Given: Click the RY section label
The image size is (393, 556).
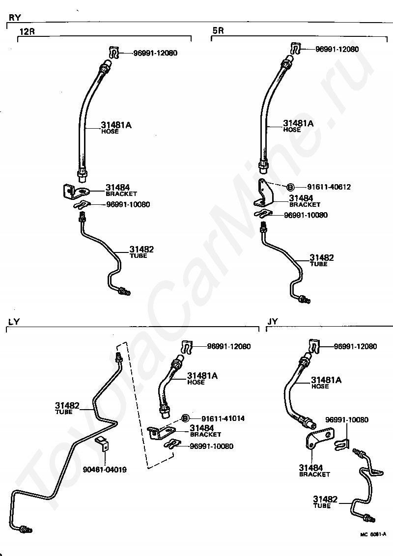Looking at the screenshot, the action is point(15,18).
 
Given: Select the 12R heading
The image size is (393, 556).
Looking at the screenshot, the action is point(27,32).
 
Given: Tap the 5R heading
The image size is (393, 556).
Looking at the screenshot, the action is point(218,30).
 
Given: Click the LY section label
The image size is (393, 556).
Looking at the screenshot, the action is point(14,322).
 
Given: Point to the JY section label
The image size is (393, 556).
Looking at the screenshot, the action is point(273,322).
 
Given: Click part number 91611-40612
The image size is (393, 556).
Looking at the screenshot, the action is point(329,187).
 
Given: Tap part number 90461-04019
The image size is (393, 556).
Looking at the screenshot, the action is point(105,470).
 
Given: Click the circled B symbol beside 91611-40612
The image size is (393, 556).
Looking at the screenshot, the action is point(290,187).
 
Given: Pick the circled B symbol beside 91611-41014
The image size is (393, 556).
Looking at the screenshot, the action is point(185,418).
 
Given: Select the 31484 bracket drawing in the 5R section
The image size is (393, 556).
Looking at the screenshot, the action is point(264,194).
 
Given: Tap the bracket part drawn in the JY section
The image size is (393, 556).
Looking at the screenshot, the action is point(318,437).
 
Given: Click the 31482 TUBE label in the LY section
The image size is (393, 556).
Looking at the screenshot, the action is point(67,408).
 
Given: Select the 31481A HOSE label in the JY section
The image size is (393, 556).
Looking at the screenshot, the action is point(326,383).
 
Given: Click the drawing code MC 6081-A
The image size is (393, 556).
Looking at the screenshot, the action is point(373,534).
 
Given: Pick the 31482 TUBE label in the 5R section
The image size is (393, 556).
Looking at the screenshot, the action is point(322,260).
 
